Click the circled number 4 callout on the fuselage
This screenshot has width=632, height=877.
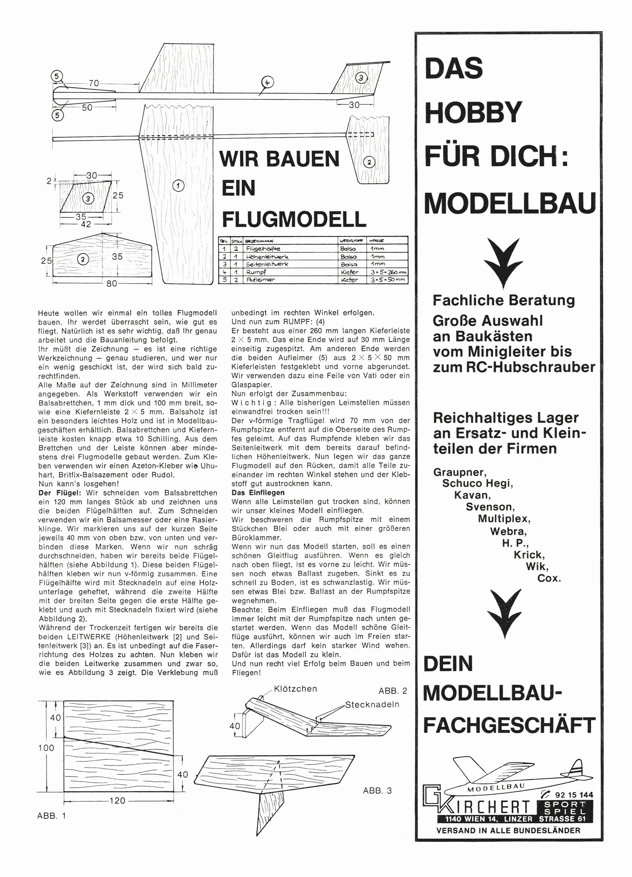267,82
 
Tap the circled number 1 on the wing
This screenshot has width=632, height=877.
178,186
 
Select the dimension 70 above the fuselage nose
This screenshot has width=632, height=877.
94,83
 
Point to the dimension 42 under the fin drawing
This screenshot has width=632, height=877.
86,224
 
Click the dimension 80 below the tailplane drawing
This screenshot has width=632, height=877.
112,283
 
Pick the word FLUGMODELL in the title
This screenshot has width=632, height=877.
294,219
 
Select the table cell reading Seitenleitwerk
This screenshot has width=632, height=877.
267,264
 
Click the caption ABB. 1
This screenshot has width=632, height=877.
52,816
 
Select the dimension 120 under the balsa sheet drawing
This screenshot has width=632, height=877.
117,801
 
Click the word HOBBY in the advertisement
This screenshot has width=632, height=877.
473,112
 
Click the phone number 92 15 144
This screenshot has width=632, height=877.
573,795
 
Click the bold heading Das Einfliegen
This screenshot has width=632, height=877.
258,493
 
